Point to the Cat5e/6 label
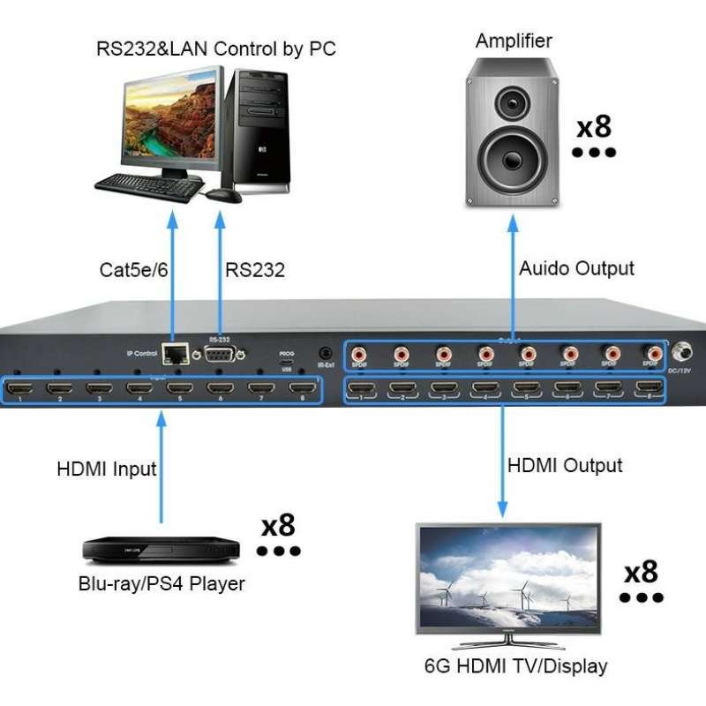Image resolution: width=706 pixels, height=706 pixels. coord(134,270)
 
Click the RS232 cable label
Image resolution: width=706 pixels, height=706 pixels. coord(255,270)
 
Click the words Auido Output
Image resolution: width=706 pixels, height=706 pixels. coord(576,268)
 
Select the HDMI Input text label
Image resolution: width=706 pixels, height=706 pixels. coord(107,469)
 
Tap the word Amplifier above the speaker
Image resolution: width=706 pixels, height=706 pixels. coord(514,41)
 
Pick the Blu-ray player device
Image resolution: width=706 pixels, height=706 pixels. coord(161,548)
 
